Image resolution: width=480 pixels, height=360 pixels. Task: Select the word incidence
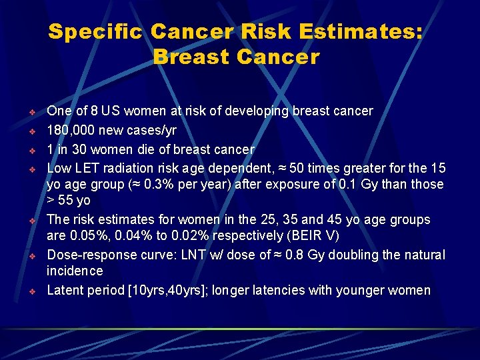[x=75, y=271]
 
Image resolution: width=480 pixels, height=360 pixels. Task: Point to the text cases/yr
[x=152, y=129]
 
